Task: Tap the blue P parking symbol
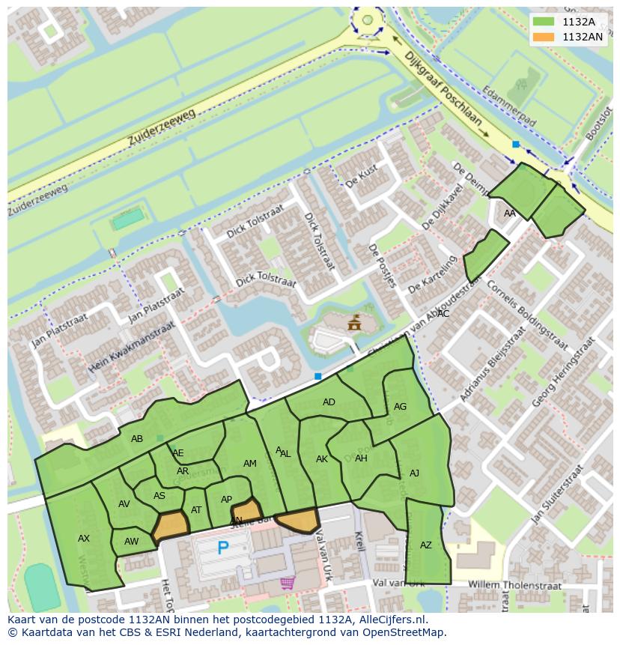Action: coord(222,548)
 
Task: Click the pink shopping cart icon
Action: coord(287,582)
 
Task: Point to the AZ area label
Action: coord(426,545)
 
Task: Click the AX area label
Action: coord(84,538)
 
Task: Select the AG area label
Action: coord(400,407)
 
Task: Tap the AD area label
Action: coord(329,402)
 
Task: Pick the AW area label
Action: coord(132,542)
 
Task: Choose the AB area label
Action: coord(137,439)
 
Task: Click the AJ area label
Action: coord(414,473)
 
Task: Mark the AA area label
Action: coord(510,214)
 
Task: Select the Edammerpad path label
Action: coord(510,103)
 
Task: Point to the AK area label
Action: coord(322,459)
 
